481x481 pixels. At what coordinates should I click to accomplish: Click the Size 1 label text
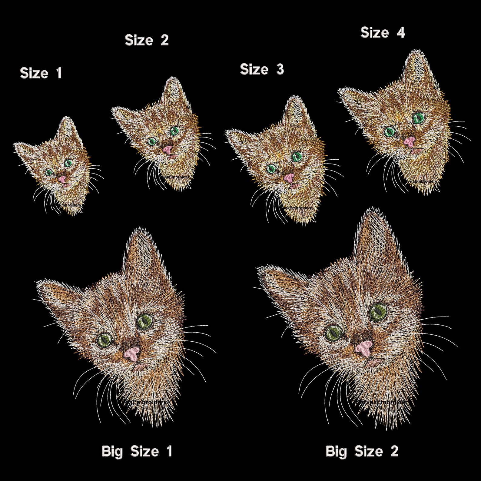41,73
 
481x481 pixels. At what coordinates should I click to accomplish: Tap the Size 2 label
147,40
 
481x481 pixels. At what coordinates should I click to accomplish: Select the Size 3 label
262,69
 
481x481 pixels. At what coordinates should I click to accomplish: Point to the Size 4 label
383,32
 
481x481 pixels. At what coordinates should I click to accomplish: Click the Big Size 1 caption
137,451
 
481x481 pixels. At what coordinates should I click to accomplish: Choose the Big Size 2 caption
362,451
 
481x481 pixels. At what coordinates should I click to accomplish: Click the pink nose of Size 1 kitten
62,179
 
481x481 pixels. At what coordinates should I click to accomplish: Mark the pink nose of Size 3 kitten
289,177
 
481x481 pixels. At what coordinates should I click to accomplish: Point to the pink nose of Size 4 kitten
409,141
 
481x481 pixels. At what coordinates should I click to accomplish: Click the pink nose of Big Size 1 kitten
132,353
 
